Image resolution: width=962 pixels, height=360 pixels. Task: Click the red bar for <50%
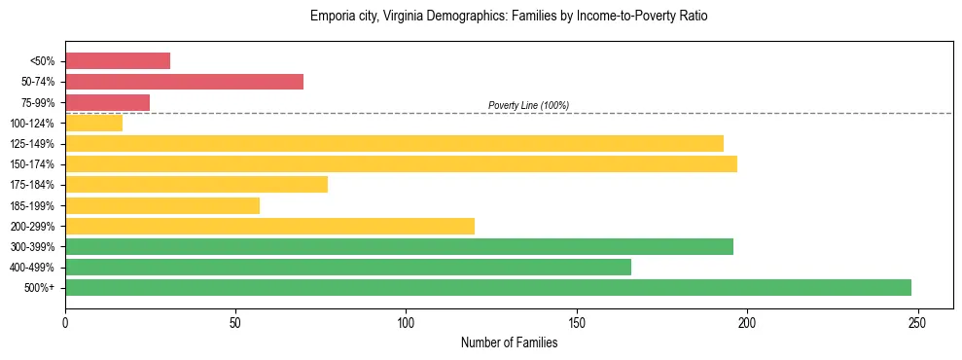click(118, 61)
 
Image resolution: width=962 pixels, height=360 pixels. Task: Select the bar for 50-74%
click(184, 82)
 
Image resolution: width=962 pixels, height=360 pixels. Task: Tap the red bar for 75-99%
click(107, 102)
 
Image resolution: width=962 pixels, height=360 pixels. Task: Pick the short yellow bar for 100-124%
click(93, 123)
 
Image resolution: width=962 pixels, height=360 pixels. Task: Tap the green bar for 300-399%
click(399, 246)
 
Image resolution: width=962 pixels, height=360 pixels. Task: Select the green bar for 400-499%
click(348, 267)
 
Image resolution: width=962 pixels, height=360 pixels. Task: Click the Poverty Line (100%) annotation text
click(528, 105)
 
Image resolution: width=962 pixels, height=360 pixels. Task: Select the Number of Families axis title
click(509, 342)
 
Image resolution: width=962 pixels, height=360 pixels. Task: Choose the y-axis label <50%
click(44, 61)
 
